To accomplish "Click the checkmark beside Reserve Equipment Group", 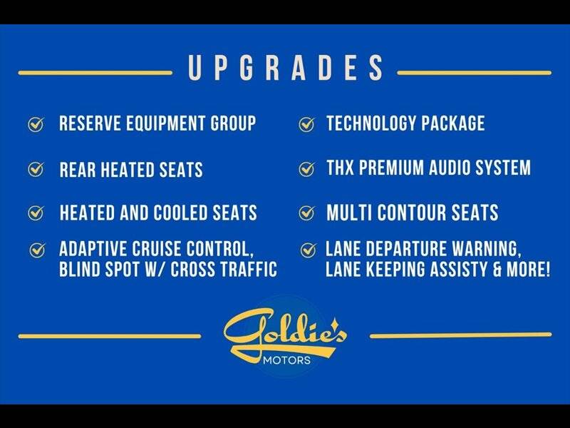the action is tap(36, 124).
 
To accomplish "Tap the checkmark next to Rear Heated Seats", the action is tap(36, 169).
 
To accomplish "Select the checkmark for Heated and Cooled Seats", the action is tap(36, 213).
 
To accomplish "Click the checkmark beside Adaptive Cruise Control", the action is tap(37, 250).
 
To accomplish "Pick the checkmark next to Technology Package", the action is tap(307, 124).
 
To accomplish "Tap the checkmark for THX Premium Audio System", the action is tap(307, 169).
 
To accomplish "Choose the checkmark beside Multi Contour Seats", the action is tap(307, 213).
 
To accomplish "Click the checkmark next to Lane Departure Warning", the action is tap(309, 250).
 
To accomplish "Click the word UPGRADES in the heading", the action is tap(286, 68).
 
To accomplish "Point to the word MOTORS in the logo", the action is tap(287, 360).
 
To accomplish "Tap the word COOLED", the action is tap(180, 213).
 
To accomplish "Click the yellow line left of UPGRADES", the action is tap(95, 73).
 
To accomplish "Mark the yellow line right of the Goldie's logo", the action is tap(460, 335).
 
